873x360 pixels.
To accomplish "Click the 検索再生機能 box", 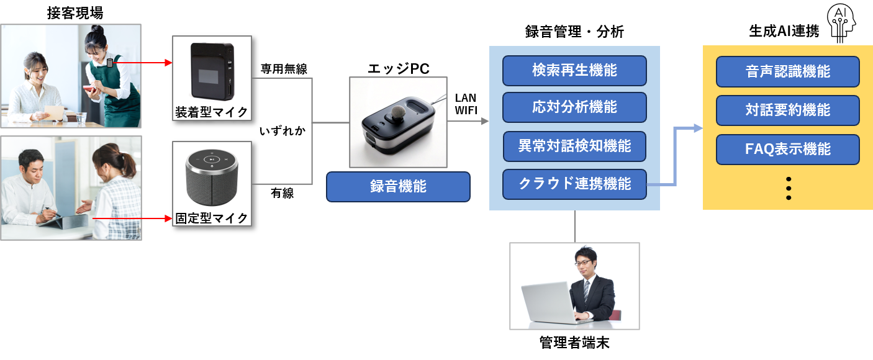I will [x=574, y=71].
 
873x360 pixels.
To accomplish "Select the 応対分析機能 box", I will [x=574, y=107].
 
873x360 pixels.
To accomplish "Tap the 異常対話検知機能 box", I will [x=574, y=146].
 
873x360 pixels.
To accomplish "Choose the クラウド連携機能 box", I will [x=574, y=184].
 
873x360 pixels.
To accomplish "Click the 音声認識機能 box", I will [x=787, y=72].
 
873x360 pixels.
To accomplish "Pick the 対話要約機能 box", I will [x=787, y=110].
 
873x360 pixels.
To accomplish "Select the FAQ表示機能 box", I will [x=787, y=150].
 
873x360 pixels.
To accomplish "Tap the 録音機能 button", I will [x=398, y=187].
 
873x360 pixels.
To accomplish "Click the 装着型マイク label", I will [x=212, y=112].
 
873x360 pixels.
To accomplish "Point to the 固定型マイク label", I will [x=212, y=218].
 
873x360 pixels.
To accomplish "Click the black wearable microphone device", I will [x=212, y=70].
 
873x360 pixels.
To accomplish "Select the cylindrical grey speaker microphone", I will [x=212, y=176].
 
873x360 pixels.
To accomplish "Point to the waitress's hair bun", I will [x=97, y=29].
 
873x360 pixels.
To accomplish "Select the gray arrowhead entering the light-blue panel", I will [x=485, y=122].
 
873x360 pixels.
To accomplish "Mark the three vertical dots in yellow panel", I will [x=789, y=188].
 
